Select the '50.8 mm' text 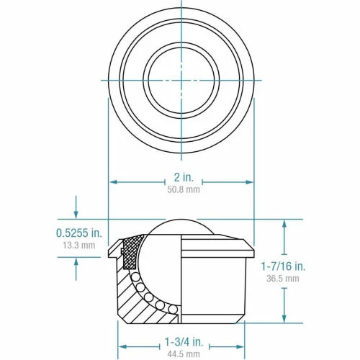click(181, 191)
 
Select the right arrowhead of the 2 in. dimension click(249, 181)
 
